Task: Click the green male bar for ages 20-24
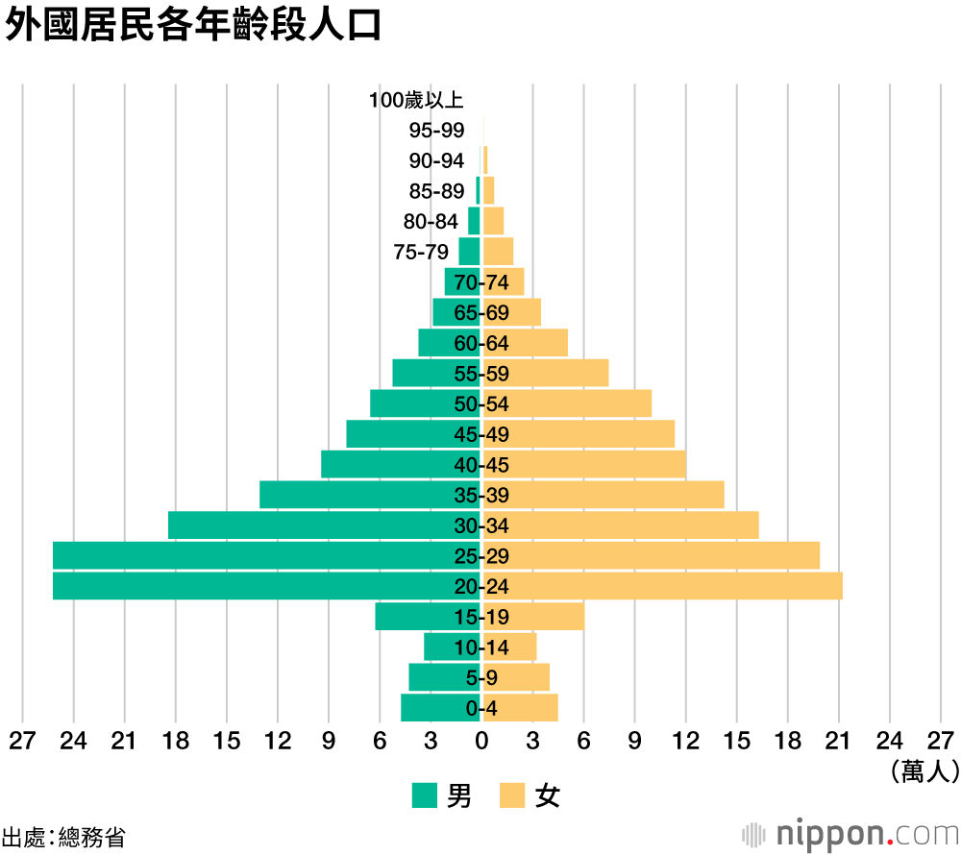(x=259, y=586)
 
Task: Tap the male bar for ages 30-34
(x=317, y=525)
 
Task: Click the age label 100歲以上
(x=416, y=100)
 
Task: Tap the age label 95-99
(x=436, y=131)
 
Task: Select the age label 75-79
(x=421, y=252)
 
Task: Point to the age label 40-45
(x=481, y=465)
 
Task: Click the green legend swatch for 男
(x=425, y=795)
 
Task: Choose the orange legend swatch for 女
(x=511, y=795)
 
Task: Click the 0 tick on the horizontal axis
(x=481, y=741)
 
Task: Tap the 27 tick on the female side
(x=940, y=741)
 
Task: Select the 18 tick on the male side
(x=175, y=741)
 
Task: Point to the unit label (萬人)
(x=924, y=770)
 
